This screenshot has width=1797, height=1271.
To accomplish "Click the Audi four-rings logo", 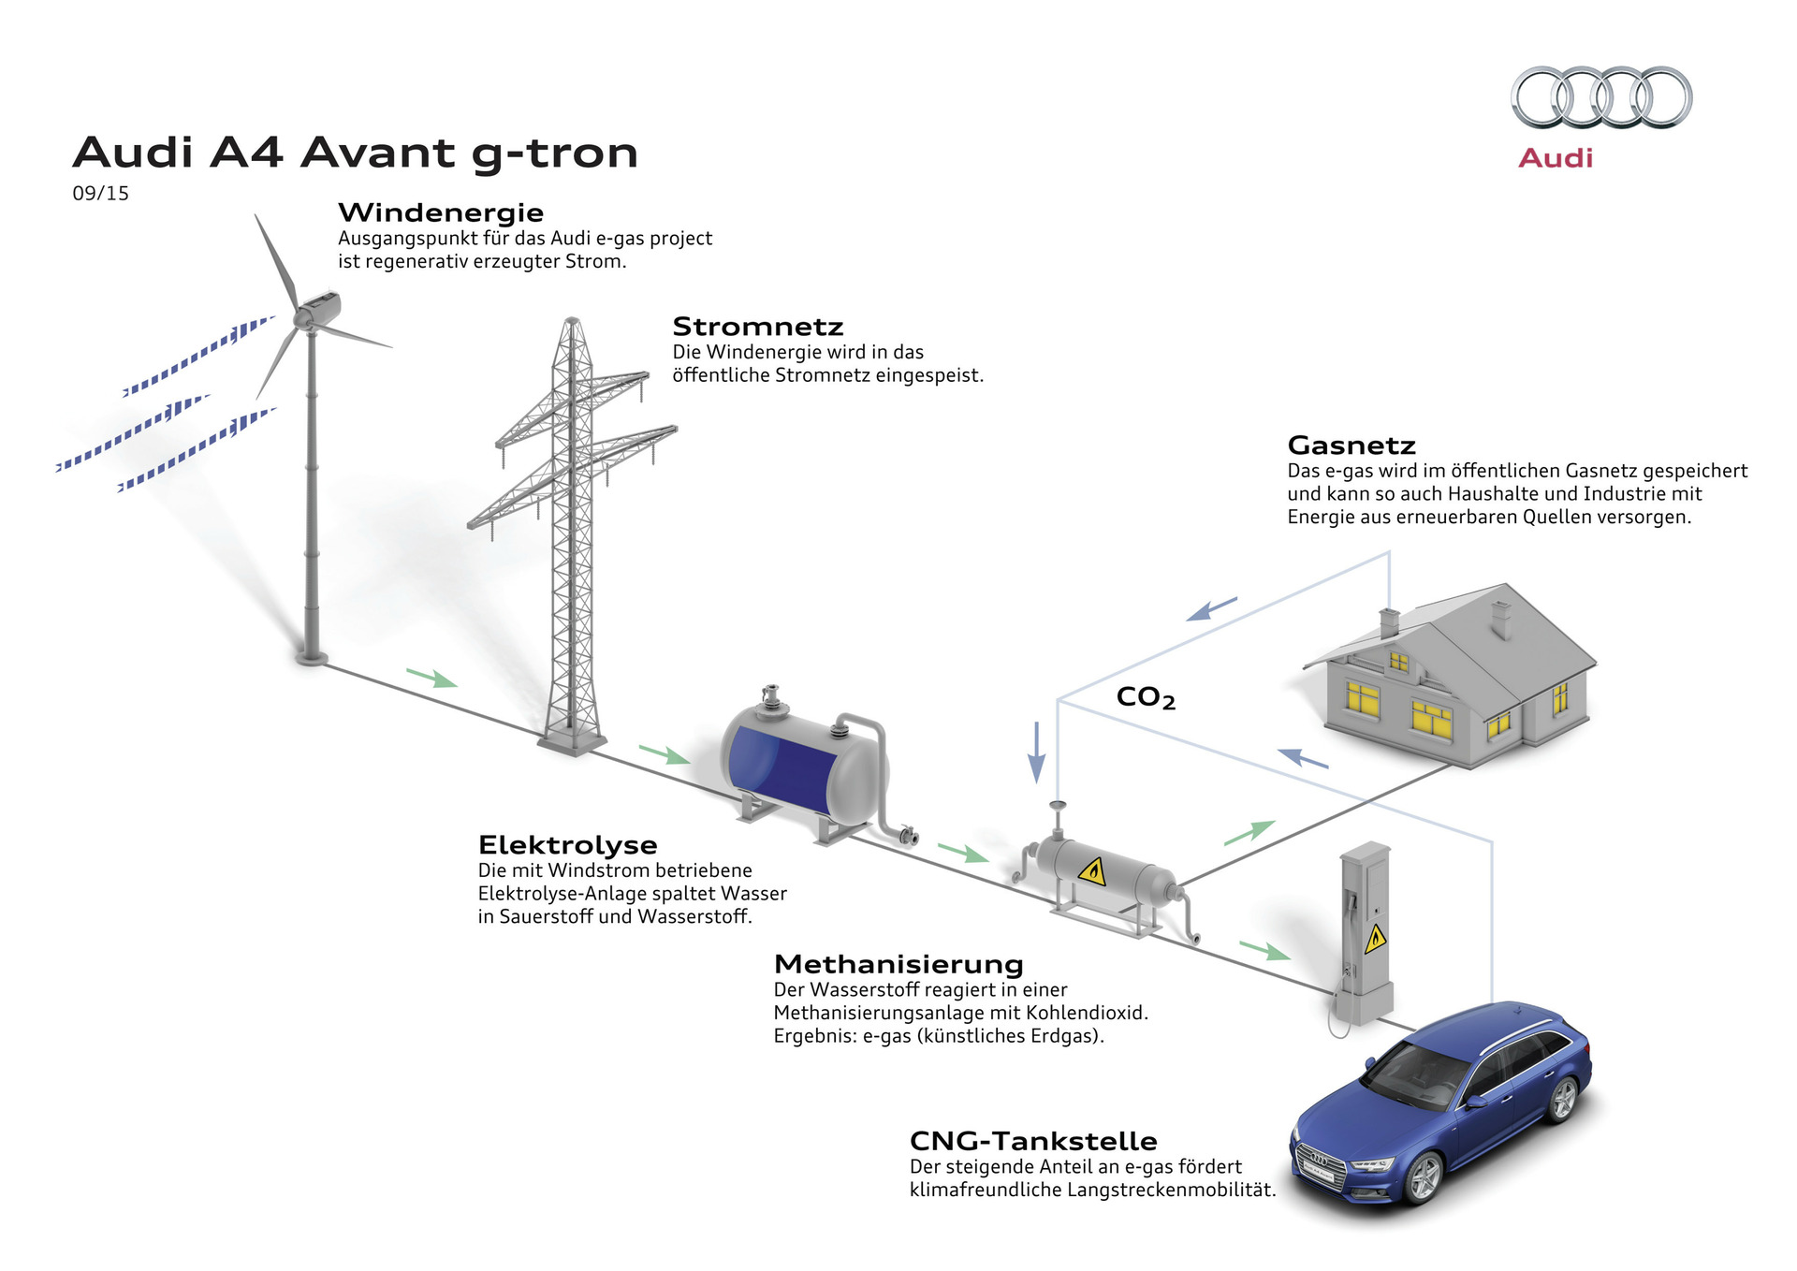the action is (x=1601, y=97).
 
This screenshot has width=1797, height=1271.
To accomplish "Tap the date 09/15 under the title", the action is (x=100, y=194).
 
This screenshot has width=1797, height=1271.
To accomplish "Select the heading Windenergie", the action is (x=441, y=212).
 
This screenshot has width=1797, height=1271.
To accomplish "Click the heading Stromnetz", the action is (x=758, y=327).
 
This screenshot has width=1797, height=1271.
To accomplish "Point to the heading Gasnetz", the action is (x=1351, y=446).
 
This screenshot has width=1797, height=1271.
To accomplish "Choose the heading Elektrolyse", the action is (x=568, y=845).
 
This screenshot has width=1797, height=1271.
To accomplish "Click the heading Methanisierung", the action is (x=898, y=964).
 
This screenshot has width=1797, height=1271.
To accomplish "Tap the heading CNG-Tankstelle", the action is (x=1033, y=1141).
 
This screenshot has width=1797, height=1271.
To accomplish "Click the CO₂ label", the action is (x=1146, y=697).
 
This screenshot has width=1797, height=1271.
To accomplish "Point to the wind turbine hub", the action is (x=304, y=318).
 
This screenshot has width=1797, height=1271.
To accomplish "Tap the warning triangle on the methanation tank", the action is (x=1091, y=872).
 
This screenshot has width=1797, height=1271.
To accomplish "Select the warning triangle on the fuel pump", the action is (x=1375, y=938).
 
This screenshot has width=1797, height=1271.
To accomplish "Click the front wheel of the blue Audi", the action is (x=1424, y=1177).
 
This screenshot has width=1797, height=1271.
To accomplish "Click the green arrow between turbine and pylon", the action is (x=432, y=678).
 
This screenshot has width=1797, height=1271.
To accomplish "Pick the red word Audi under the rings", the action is (x=1556, y=158).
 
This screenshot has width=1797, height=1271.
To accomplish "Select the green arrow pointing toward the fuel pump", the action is (x=1265, y=950).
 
